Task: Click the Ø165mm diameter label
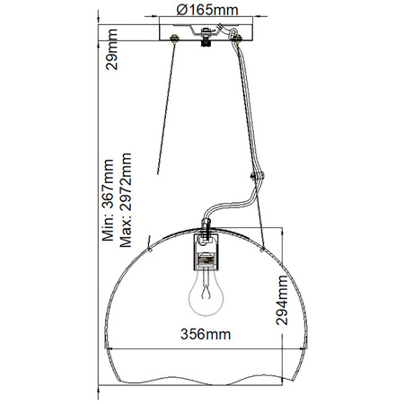[201, 10]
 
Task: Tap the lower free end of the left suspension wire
[159, 172]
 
